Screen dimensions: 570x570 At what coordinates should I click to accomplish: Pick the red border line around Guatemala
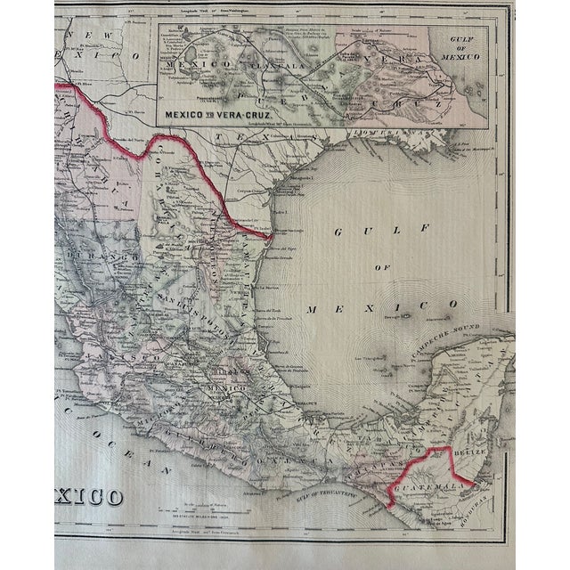[x=427, y=454]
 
